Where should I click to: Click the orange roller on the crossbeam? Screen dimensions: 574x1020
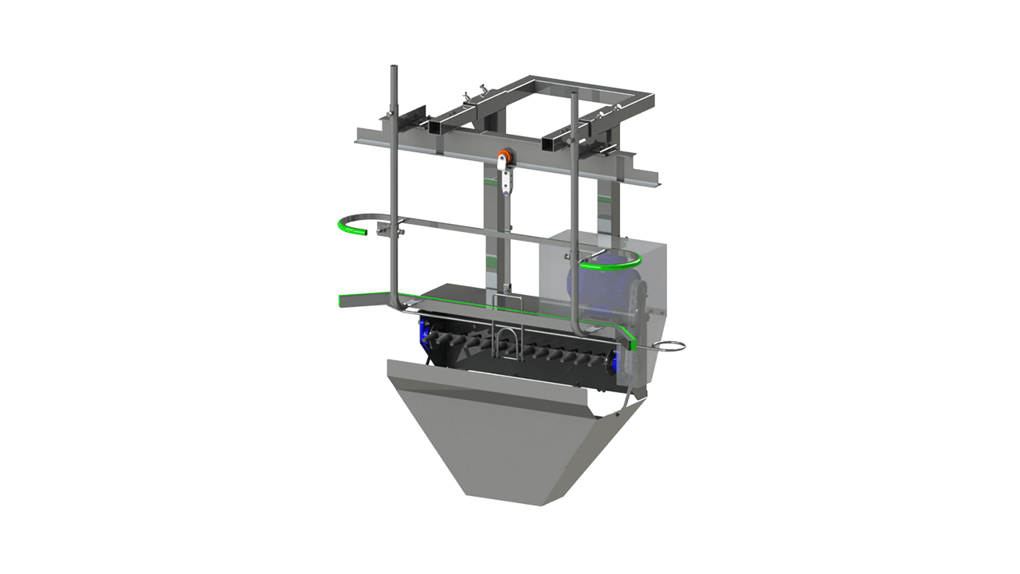click(503, 156)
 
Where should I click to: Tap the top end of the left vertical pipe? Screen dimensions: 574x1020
click(392, 69)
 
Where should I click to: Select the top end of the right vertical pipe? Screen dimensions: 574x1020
click(573, 95)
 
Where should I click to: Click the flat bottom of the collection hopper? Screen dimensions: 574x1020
click(505, 500)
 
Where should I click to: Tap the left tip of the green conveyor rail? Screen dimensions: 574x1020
click(342, 301)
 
